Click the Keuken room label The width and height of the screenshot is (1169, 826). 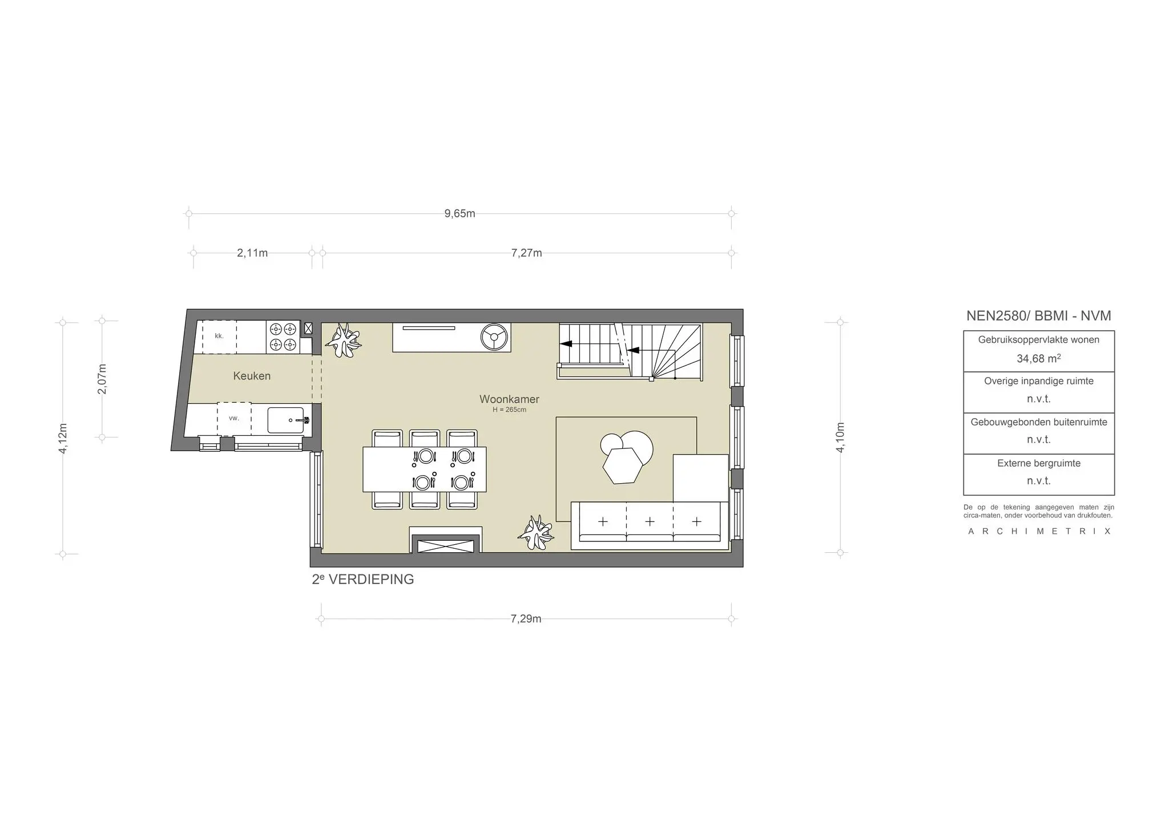click(x=252, y=376)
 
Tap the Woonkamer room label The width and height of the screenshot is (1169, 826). click(x=509, y=399)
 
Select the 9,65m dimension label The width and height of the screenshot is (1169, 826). click(x=459, y=214)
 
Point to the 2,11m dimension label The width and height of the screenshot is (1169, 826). click(x=252, y=253)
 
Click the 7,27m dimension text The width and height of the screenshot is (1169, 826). click(x=526, y=253)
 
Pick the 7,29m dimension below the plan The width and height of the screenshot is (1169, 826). click(x=526, y=619)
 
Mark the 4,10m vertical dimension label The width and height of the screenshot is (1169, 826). click(x=840, y=438)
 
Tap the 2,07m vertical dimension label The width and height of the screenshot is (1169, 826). click(x=102, y=379)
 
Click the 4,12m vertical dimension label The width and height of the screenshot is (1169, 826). click(x=63, y=438)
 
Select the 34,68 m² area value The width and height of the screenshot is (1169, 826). click(x=1038, y=359)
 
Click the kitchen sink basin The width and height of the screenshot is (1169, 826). click(x=285, y=420)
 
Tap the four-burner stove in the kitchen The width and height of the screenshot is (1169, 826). click(x=283, y=337)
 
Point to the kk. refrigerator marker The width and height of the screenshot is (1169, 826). click(x=219, y=337)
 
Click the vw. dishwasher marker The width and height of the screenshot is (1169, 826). click(x=233, y=419)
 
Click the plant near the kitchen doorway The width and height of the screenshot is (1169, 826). click(x=343, y=341)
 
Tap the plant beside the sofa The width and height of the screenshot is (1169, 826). click(x=536, y=533)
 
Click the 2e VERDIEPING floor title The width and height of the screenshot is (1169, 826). click(x=362, y=580)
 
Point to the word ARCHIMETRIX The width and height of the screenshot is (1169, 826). click(x=1039, y=532)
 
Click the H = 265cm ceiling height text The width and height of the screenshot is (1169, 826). click(x=509, y=410)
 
